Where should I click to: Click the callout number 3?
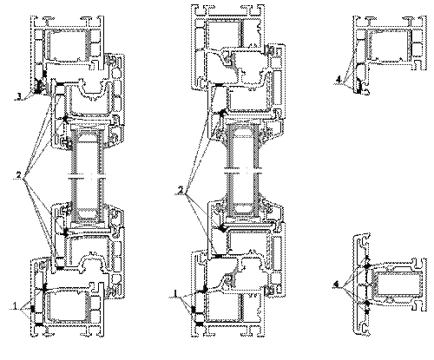click(x=19, y=96)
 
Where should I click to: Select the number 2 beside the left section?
click(x=19, y=175)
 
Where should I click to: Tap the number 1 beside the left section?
click(x=15, y=305)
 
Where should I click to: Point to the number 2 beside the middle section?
click(x=181, y=190)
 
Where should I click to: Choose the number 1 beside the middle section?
click(x=175, y=293)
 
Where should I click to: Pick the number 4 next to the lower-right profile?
click(x=336, y=285)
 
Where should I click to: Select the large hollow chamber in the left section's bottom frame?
click(x=69, y=306)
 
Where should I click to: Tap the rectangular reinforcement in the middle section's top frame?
click(x=223, y=32)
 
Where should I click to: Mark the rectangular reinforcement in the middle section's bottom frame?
click(x=223, y=307)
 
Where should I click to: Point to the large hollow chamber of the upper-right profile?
click(x=389, y=45)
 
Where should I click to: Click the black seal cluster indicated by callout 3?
click(x=38, y=86)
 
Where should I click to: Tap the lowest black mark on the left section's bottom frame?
click(x=39, y=325)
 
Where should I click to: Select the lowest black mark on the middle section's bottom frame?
click(x=199, y=324)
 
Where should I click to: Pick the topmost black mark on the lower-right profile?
click(x=367, y=258)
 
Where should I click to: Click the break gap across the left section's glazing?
click(x=86, y=175)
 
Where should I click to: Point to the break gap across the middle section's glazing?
click(x=243, y=171)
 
